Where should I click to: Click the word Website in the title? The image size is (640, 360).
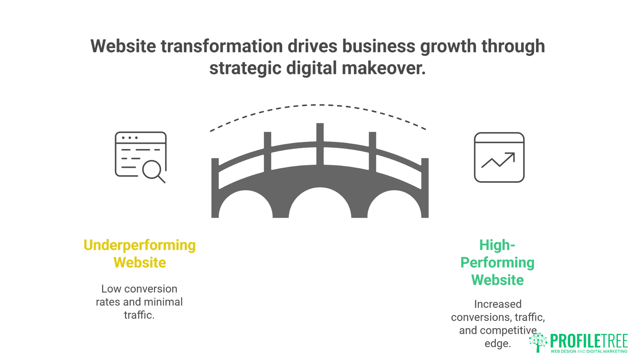[x=123, y=46]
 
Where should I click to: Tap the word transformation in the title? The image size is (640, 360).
[x=222, y=46]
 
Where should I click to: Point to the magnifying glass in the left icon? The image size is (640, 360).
[x=153, y=170]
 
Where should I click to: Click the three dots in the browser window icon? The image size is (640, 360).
[x=130, y=138]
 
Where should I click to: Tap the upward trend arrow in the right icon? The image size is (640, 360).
[x=499, y=160]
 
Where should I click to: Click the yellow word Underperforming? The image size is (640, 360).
[x=139, y=245]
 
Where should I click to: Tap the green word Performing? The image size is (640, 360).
[x=497, y=263]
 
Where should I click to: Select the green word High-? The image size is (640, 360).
[x=497, y=245]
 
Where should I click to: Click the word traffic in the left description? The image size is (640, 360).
[x=139, y=315]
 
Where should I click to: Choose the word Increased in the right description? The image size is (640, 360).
[x=498, y=304]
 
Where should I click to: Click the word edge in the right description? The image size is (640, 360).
[x=497, y=343]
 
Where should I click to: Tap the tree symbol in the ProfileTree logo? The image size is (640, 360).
[x=538, y=342]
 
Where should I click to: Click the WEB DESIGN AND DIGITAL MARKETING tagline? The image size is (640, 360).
[x=589, y=351]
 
